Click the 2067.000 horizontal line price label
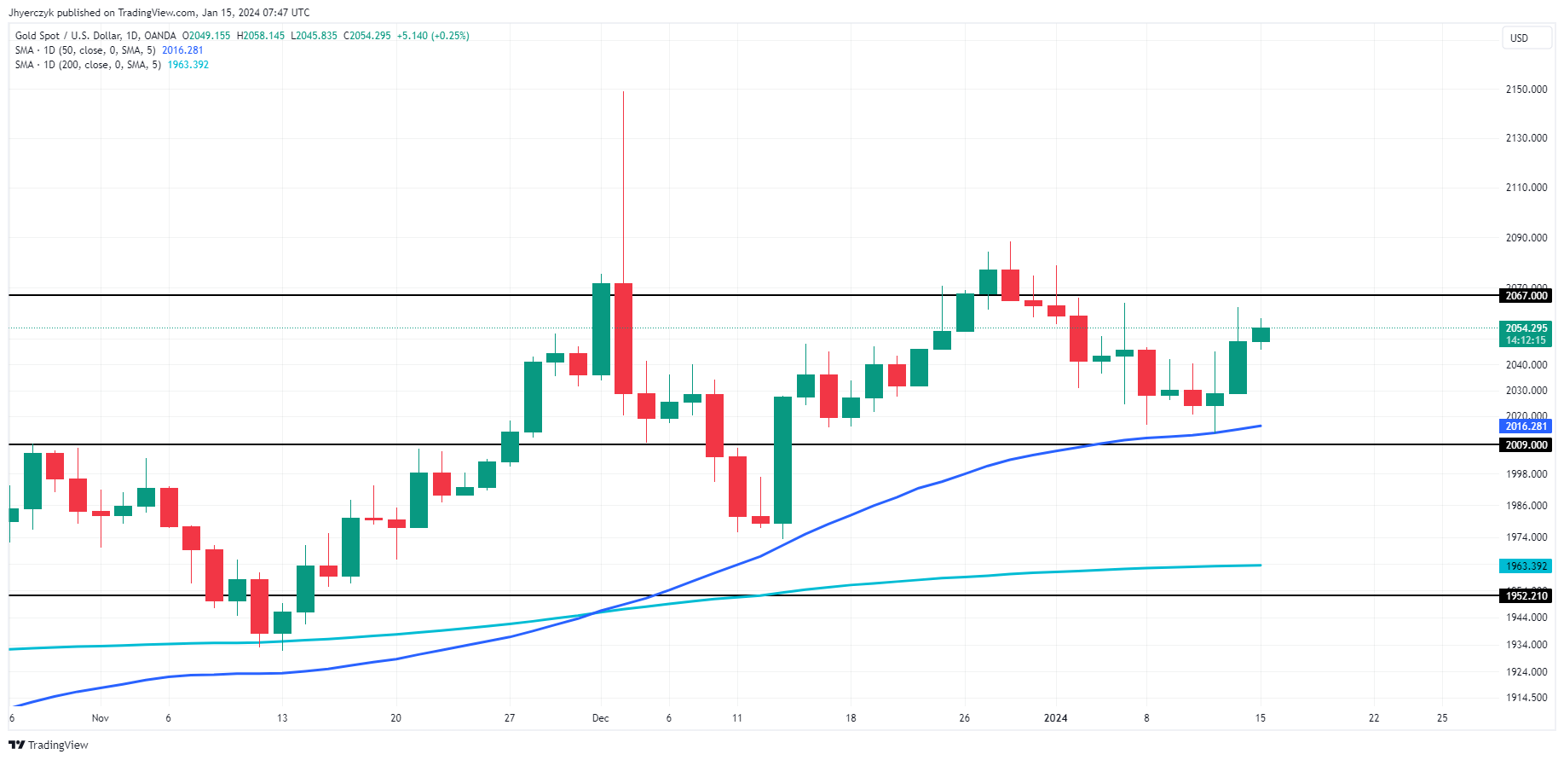click(1526, 296)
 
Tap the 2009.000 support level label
click(1526, 445)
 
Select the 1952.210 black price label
click(1526, 596)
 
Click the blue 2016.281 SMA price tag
click(1526, 426)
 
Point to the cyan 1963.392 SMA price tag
click(1526, 566)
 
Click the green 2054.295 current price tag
click(1526, 328)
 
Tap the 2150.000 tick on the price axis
click(1526, 90)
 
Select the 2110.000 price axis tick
click(1526, 188)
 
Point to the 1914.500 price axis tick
click(1526, 698)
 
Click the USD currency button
click(1520, 38)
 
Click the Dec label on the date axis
click(601, 718)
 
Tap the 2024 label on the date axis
click(1055, 718)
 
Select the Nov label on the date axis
click(101, 718)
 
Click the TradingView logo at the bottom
click(49, 745)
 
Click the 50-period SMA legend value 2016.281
click(182, 50)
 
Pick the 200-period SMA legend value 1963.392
click(188, 65)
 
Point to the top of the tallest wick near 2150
click(623, 92)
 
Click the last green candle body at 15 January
click(1261, 334)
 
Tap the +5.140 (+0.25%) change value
click(433, 36)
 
